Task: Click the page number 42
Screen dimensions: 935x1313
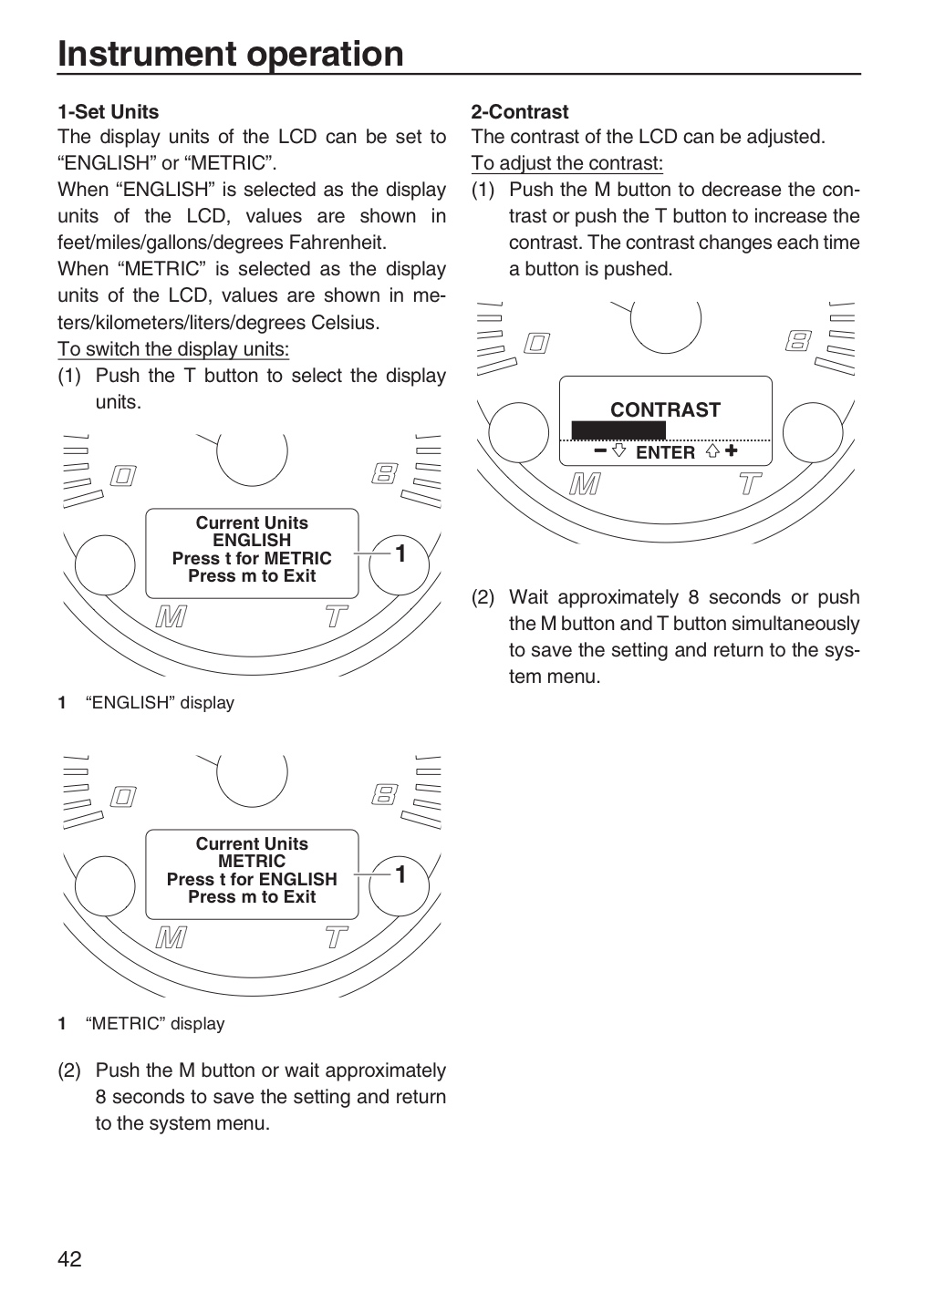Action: coord(70,1259)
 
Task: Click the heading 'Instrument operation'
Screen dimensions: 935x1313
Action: coord(231,54)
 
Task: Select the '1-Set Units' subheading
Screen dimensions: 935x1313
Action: coord(108,111)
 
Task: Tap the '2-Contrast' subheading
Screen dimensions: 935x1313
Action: coord(520,111)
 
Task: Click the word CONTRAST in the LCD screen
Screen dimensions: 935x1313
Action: coord(665,409)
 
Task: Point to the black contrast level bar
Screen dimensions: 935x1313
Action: coord(618,429)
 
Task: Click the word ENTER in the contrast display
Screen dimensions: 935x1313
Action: coord(665,452)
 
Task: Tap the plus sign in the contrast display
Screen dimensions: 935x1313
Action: coord(731,450)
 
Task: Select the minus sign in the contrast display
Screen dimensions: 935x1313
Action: coord(600,450)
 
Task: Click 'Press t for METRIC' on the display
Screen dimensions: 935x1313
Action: coord(252,558)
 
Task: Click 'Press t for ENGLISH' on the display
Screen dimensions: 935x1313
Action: coord(252,879)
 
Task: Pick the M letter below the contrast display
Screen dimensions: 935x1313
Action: coord(585,485)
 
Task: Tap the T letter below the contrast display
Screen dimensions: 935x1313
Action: coord(749,484)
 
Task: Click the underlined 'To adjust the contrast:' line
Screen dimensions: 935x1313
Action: coord(567,163)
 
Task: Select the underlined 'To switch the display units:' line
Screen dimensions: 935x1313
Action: coord(173,348)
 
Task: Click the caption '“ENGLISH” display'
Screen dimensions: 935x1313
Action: coord(160,702)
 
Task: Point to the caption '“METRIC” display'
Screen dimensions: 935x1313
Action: coord(155,1023)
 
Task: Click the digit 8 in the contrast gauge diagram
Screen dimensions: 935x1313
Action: coord(799,341)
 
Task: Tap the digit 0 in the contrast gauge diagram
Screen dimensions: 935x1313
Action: coord(536,343)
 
